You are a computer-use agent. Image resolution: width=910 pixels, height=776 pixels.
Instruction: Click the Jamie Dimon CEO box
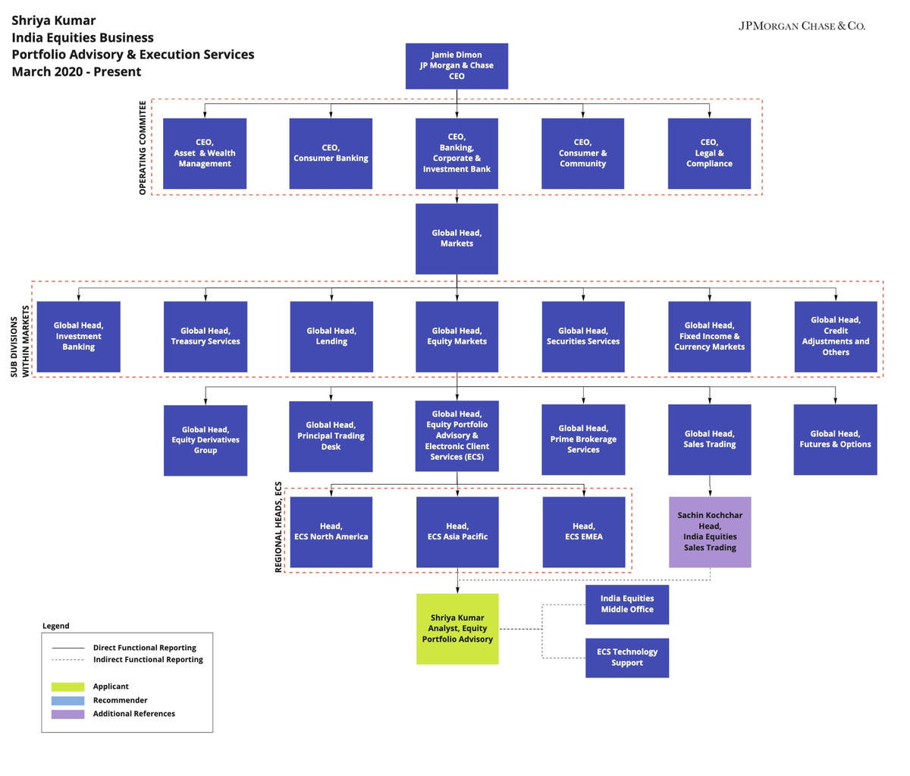coord(457,66)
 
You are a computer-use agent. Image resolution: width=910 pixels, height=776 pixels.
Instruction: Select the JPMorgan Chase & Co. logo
coord(802,26)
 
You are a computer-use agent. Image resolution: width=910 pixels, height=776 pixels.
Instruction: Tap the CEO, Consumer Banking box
coord(331,153)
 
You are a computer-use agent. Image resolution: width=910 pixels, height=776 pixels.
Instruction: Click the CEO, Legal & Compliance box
coord(709,153)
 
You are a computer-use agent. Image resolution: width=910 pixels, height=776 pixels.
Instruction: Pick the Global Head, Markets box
coord(457,238)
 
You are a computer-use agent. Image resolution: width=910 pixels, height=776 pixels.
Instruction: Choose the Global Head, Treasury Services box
coord(206,337)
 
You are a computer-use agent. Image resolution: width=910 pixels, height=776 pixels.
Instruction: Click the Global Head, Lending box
coord(331,337)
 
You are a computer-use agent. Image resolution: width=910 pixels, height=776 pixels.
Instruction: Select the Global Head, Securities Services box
coord(583,337)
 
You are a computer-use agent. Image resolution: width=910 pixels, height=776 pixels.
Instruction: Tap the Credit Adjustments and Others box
coord(836,337)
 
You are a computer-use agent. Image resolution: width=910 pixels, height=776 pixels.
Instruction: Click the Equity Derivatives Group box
coord(206,440)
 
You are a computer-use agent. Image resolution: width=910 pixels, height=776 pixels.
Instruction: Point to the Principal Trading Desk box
coord(331,436)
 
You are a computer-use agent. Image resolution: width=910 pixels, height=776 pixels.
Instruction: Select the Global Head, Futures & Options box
coord(835,439)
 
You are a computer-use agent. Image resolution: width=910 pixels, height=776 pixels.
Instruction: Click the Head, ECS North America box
coord(331,532)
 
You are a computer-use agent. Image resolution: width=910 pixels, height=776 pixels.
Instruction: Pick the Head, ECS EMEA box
coord(584,532)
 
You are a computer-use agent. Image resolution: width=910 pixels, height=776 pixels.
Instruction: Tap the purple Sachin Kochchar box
coord(710,532)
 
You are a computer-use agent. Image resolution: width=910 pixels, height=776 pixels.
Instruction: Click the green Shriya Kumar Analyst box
coord(457,629)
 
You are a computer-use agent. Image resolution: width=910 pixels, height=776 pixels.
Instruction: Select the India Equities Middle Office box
coord(627,604)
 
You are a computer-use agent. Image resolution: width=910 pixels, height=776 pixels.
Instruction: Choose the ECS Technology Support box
coord(627,658)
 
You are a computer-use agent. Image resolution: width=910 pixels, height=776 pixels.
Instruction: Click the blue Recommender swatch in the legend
coord(67,700)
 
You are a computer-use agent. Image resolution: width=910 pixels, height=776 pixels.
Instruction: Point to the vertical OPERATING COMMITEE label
coord(143,148)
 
